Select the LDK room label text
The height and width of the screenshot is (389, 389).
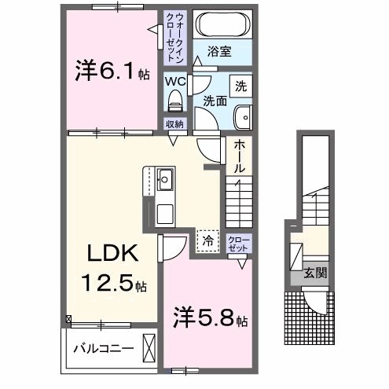[112, 253]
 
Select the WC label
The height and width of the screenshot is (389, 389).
[175, 80]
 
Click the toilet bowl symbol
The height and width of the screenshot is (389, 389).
[175, 101]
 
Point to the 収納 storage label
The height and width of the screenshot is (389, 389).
[174, 125]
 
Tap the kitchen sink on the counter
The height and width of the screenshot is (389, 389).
[165, 181]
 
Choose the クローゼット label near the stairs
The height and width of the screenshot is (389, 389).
[237, 243]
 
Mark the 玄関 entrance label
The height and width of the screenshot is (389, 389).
[317, 274]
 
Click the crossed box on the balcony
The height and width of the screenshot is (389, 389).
[149, 347]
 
